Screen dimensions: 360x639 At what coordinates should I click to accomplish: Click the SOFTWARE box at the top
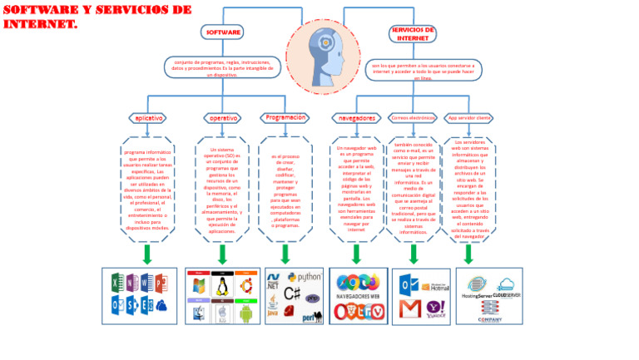223,32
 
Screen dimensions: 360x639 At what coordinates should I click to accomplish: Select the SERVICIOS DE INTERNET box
412,33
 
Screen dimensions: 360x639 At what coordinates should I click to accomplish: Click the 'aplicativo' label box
147,118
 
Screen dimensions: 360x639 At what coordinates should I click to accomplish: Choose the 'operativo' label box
222,118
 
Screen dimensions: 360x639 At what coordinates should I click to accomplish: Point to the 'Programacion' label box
285,117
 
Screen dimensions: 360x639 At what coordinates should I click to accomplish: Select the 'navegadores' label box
356,118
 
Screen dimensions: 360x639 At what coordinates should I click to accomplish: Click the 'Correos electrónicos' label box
413,118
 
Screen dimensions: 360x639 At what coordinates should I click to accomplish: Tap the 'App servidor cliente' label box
468,118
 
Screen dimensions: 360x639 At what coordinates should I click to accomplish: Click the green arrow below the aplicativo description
147,254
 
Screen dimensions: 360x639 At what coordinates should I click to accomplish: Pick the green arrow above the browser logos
356,254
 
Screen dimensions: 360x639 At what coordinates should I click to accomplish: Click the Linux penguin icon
222,288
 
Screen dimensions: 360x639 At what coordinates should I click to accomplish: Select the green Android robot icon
246,313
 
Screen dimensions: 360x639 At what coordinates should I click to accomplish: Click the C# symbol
292,294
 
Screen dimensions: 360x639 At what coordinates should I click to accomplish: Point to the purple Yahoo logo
435,309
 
